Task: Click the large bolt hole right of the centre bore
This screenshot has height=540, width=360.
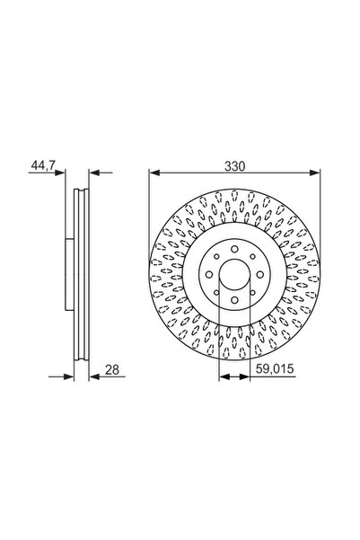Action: point(258,275)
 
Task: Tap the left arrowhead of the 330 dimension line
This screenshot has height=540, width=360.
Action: point(154,174)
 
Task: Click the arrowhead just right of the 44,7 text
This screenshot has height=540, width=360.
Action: point(63,174)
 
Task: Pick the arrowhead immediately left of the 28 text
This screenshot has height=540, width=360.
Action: point(94,378)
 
